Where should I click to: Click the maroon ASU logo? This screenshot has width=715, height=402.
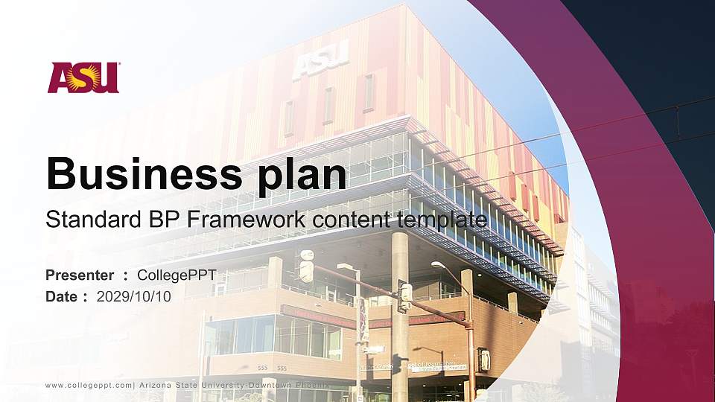tap(83, 77)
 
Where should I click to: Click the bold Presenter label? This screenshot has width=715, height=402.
tap(80, 275)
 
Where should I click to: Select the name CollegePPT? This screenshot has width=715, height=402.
tap(177, 275)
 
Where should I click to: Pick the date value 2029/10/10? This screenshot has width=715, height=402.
tap(134, 296)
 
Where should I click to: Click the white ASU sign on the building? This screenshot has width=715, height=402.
tap(320, 60)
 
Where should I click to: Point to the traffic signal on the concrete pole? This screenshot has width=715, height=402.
tap(404, 296)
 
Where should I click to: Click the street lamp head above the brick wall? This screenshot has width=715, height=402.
tap(438, 264)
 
